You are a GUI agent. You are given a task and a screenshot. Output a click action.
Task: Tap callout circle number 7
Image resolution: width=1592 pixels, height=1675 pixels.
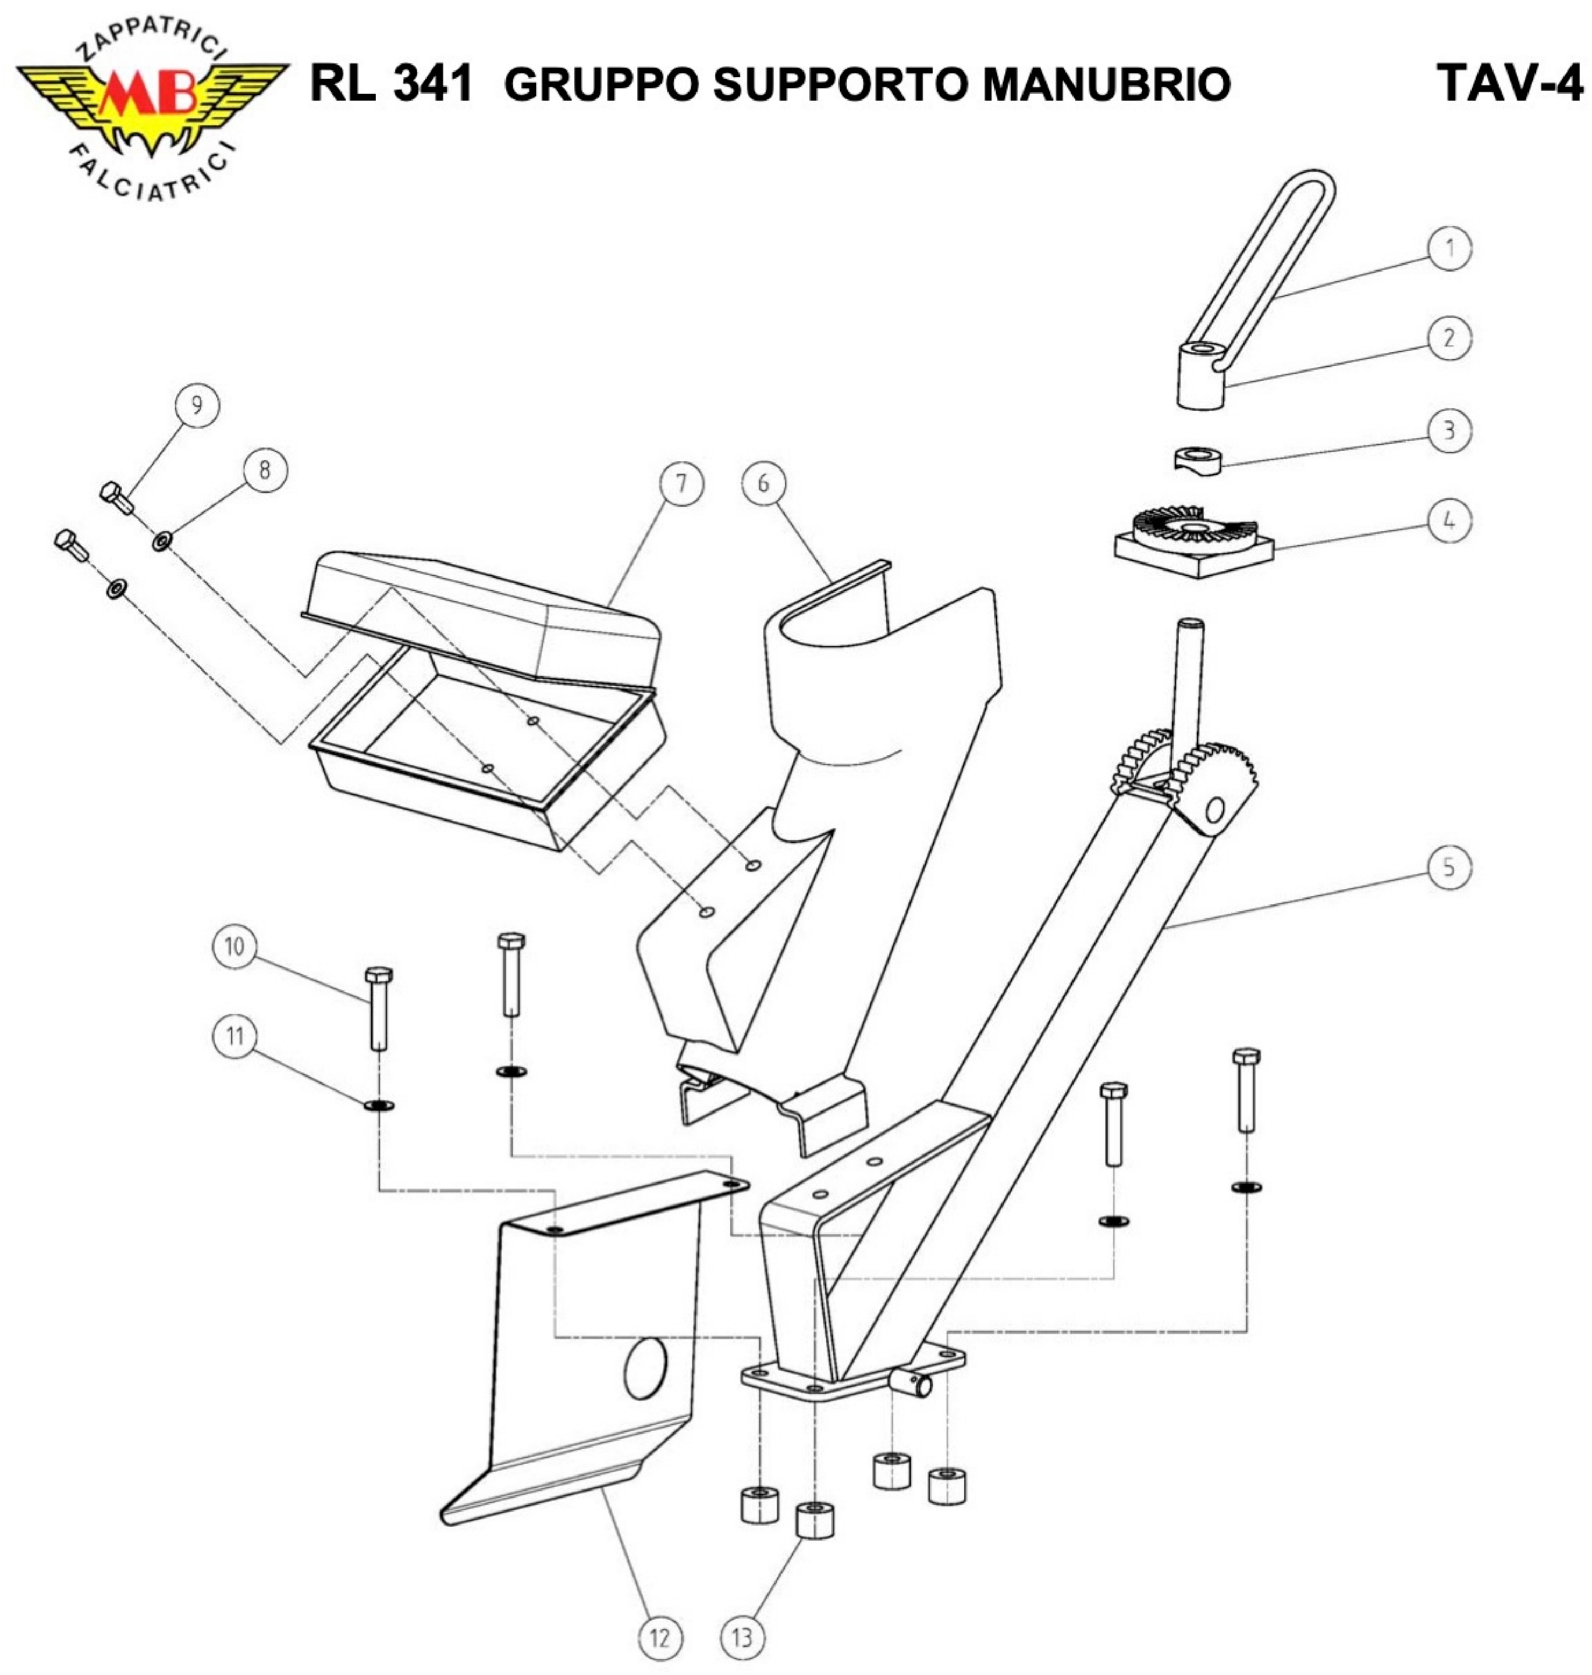click(x=681, y=483)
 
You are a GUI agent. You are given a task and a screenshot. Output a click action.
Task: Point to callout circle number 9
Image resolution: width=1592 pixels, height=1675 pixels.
click(x=197, y=405)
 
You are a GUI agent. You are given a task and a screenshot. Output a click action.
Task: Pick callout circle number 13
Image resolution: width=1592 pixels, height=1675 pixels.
click(x=742, y=1638)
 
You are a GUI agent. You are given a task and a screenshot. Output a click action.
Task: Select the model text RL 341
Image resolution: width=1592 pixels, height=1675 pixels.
click(x=390, y=83)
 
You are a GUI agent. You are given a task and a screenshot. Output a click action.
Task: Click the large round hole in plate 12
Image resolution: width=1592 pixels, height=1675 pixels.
click(x=645, y=1368)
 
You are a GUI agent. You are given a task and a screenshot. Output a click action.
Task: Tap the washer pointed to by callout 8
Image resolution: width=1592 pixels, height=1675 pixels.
click(x=161, y=540)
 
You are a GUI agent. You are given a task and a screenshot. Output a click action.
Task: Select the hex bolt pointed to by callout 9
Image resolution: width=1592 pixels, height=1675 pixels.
click(x=116, y=497)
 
